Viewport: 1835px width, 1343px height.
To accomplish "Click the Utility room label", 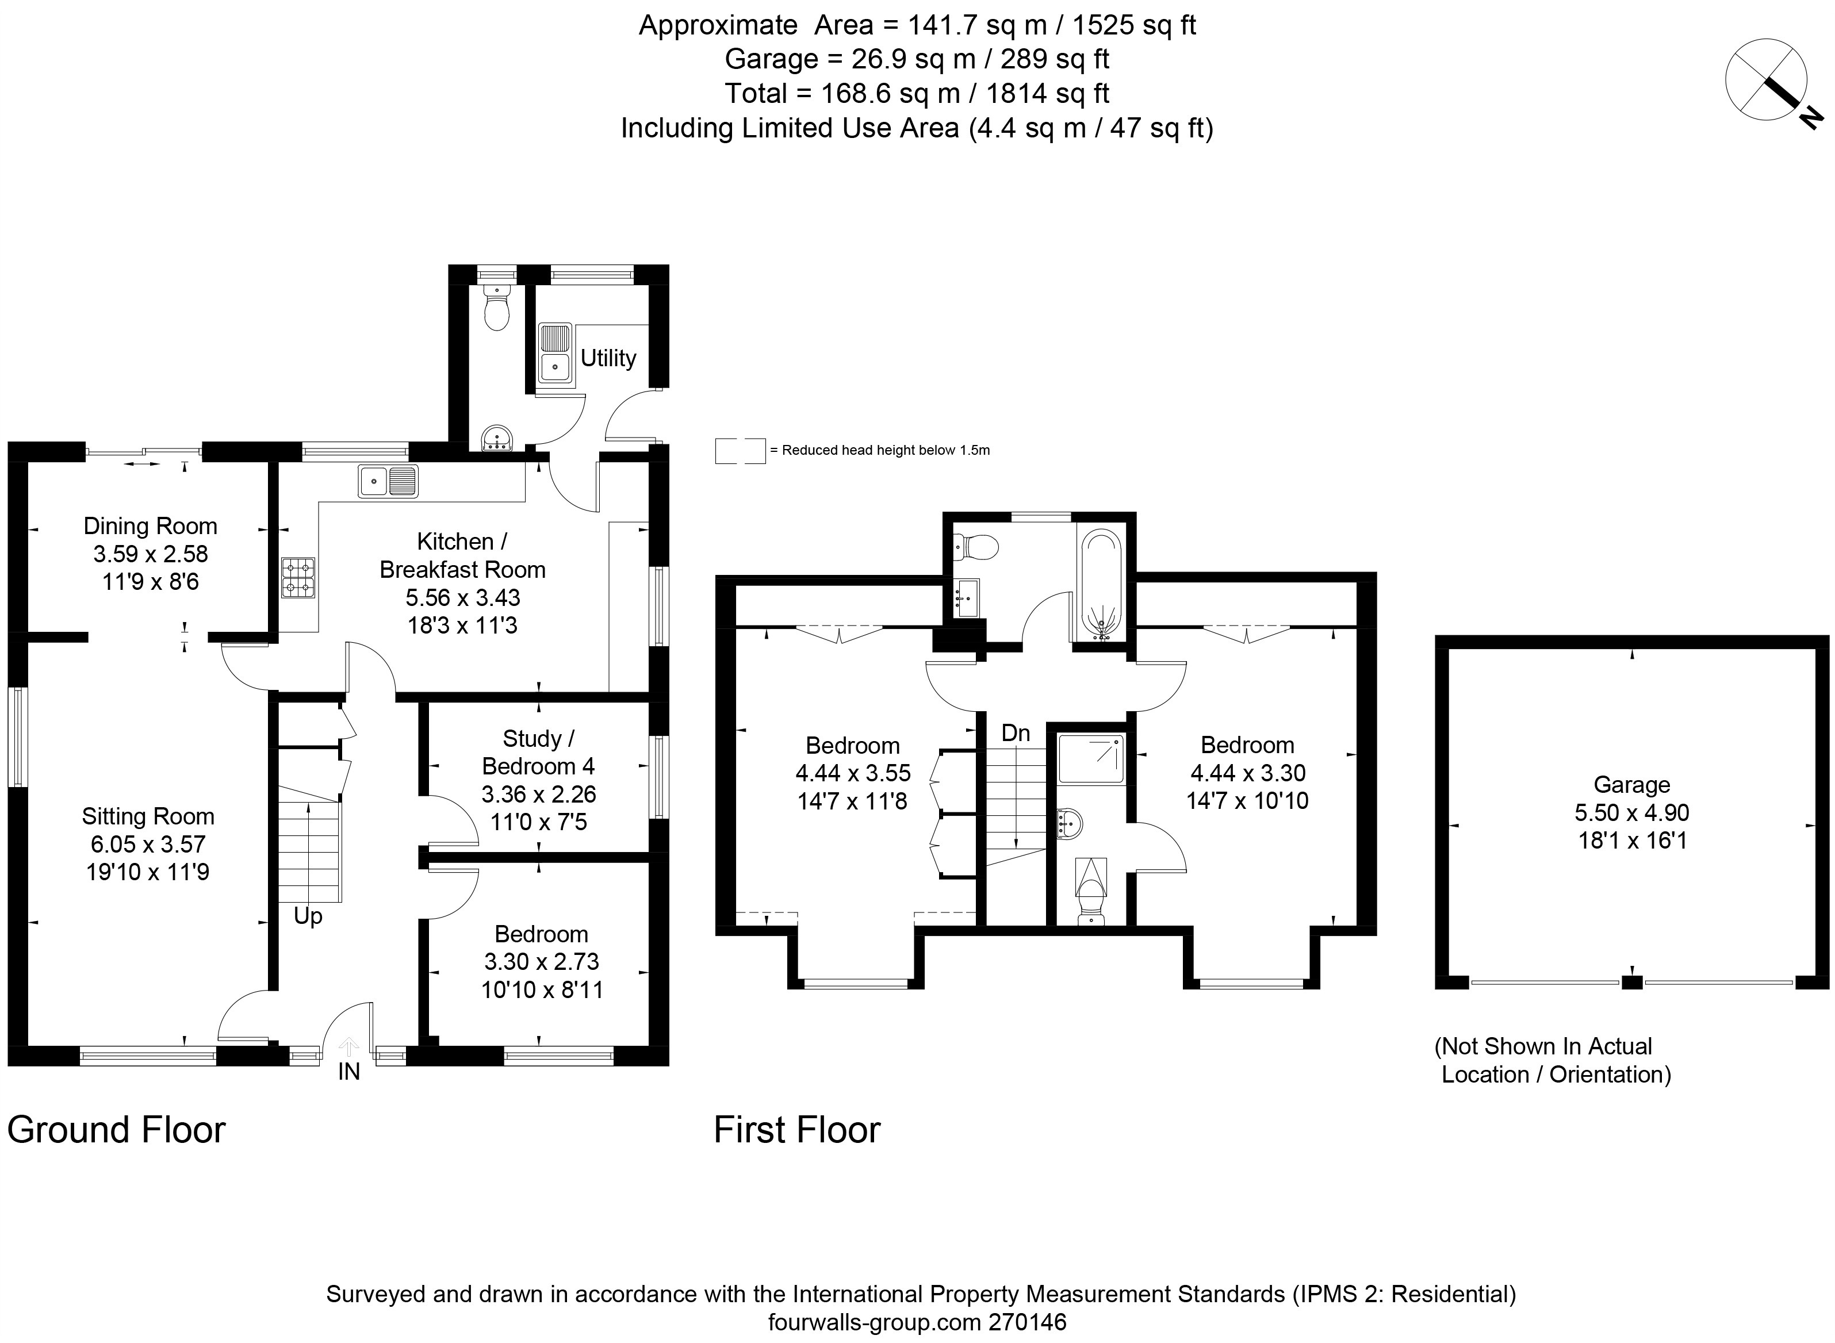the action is [608, 359].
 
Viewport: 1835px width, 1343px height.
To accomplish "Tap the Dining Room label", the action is [151, 526].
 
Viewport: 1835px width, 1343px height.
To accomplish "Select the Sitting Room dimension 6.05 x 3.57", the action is [148, 844].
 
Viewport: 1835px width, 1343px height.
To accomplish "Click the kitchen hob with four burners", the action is [298, 577].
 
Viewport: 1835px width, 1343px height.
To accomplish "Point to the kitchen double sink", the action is [388, 481].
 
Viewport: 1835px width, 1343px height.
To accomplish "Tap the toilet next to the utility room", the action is [495, 308].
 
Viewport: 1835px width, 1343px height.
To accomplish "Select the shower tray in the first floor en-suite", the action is [1091, 758].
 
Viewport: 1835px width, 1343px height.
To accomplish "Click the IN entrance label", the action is [349, 1072].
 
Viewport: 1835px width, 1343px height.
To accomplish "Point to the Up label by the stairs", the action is [308, 917].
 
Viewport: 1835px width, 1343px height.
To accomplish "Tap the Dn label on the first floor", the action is [1016, 733].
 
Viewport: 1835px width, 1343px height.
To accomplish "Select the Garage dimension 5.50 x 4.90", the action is [1632, 812].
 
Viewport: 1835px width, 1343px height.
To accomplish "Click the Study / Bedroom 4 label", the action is [538, 752].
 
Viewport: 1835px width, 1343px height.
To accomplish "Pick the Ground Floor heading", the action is [116, 1130].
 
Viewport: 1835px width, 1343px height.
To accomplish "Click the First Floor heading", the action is [797, 1130].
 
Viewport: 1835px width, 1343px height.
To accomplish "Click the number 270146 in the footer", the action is [1027, 1323].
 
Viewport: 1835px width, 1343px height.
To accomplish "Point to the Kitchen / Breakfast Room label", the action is [462, 555].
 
